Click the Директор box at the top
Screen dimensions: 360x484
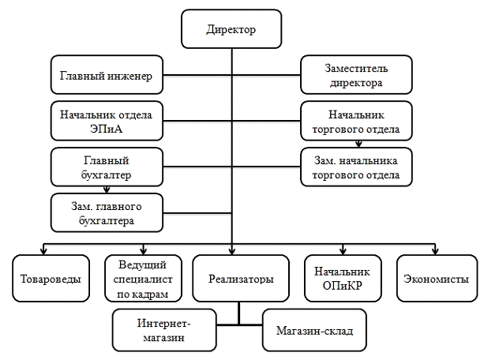pyautogui.click(x=231, y=30)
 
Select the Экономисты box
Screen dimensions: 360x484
pyautogui.click(x=435, y=279)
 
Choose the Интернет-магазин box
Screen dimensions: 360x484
pyautogui.click(x=165, y=330)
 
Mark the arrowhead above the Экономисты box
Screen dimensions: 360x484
pyautogui.click(x=435, y=252)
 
